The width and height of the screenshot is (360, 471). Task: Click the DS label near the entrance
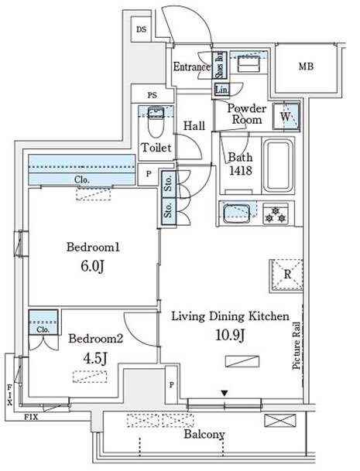click(140, 29)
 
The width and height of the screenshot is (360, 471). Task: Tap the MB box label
click(307, 67)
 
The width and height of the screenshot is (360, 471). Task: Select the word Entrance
click(190, 67)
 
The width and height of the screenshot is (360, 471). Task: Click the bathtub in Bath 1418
click(276, 168)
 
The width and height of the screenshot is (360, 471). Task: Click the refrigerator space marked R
click(286, 273)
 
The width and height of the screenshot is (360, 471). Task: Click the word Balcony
click(204, 435)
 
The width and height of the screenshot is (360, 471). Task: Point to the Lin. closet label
click(221, 90)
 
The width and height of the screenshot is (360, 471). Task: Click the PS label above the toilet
click(152, 95)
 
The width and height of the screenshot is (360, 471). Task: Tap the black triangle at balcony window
click(225, 394)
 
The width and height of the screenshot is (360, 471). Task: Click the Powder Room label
click(247, 114)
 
